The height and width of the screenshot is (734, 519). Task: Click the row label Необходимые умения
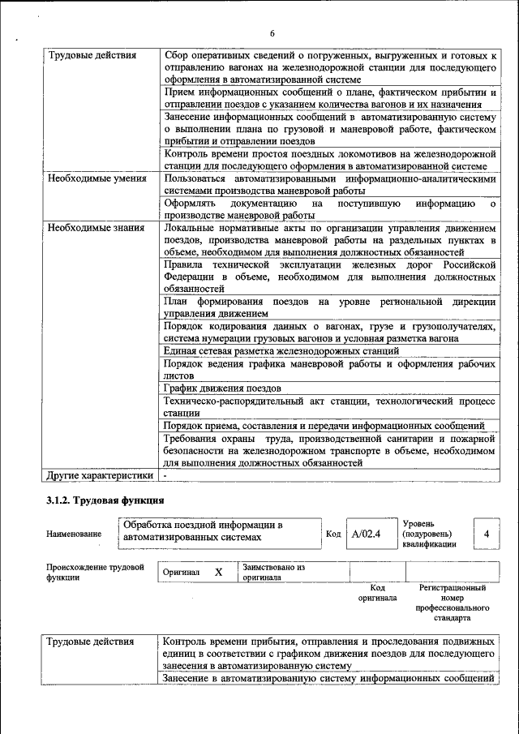(97, 178)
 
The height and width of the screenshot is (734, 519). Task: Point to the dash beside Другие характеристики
(165, 474)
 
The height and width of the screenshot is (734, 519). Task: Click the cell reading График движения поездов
(222, 388)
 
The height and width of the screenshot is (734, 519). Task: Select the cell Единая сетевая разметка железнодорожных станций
(281, 351)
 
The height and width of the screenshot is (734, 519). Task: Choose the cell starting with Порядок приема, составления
(324, 425)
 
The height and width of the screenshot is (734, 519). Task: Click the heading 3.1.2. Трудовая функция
(105, 500)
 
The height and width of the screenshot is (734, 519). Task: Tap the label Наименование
(75, 534)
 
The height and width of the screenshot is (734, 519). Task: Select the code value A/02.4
(367, 534)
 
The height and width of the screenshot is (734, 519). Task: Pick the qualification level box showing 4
(486, 534)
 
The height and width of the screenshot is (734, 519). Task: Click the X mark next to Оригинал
(218, 572)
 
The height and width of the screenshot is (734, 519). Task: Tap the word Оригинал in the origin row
(181, 573)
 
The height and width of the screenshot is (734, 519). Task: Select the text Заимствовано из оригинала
(273, 573)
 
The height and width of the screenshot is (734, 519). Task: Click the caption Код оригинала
(377, 593)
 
